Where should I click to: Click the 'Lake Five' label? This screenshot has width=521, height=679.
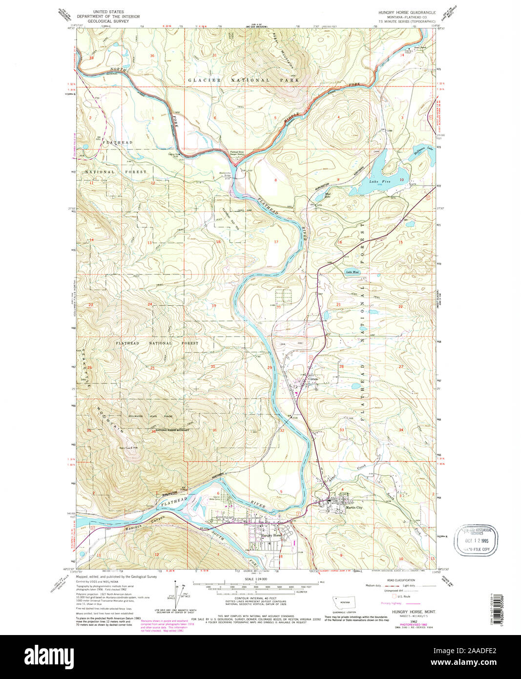click(x=373, y=182)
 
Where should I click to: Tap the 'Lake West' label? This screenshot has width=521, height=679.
click(x=352, y=272)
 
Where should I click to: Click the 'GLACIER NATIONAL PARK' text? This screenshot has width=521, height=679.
click(x=229, y=80)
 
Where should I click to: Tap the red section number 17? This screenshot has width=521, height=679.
click(x=276, y=242)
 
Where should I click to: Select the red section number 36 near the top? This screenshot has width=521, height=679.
click(x=152, y=56)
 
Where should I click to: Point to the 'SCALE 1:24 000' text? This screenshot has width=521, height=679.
click(x=255, y=579)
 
